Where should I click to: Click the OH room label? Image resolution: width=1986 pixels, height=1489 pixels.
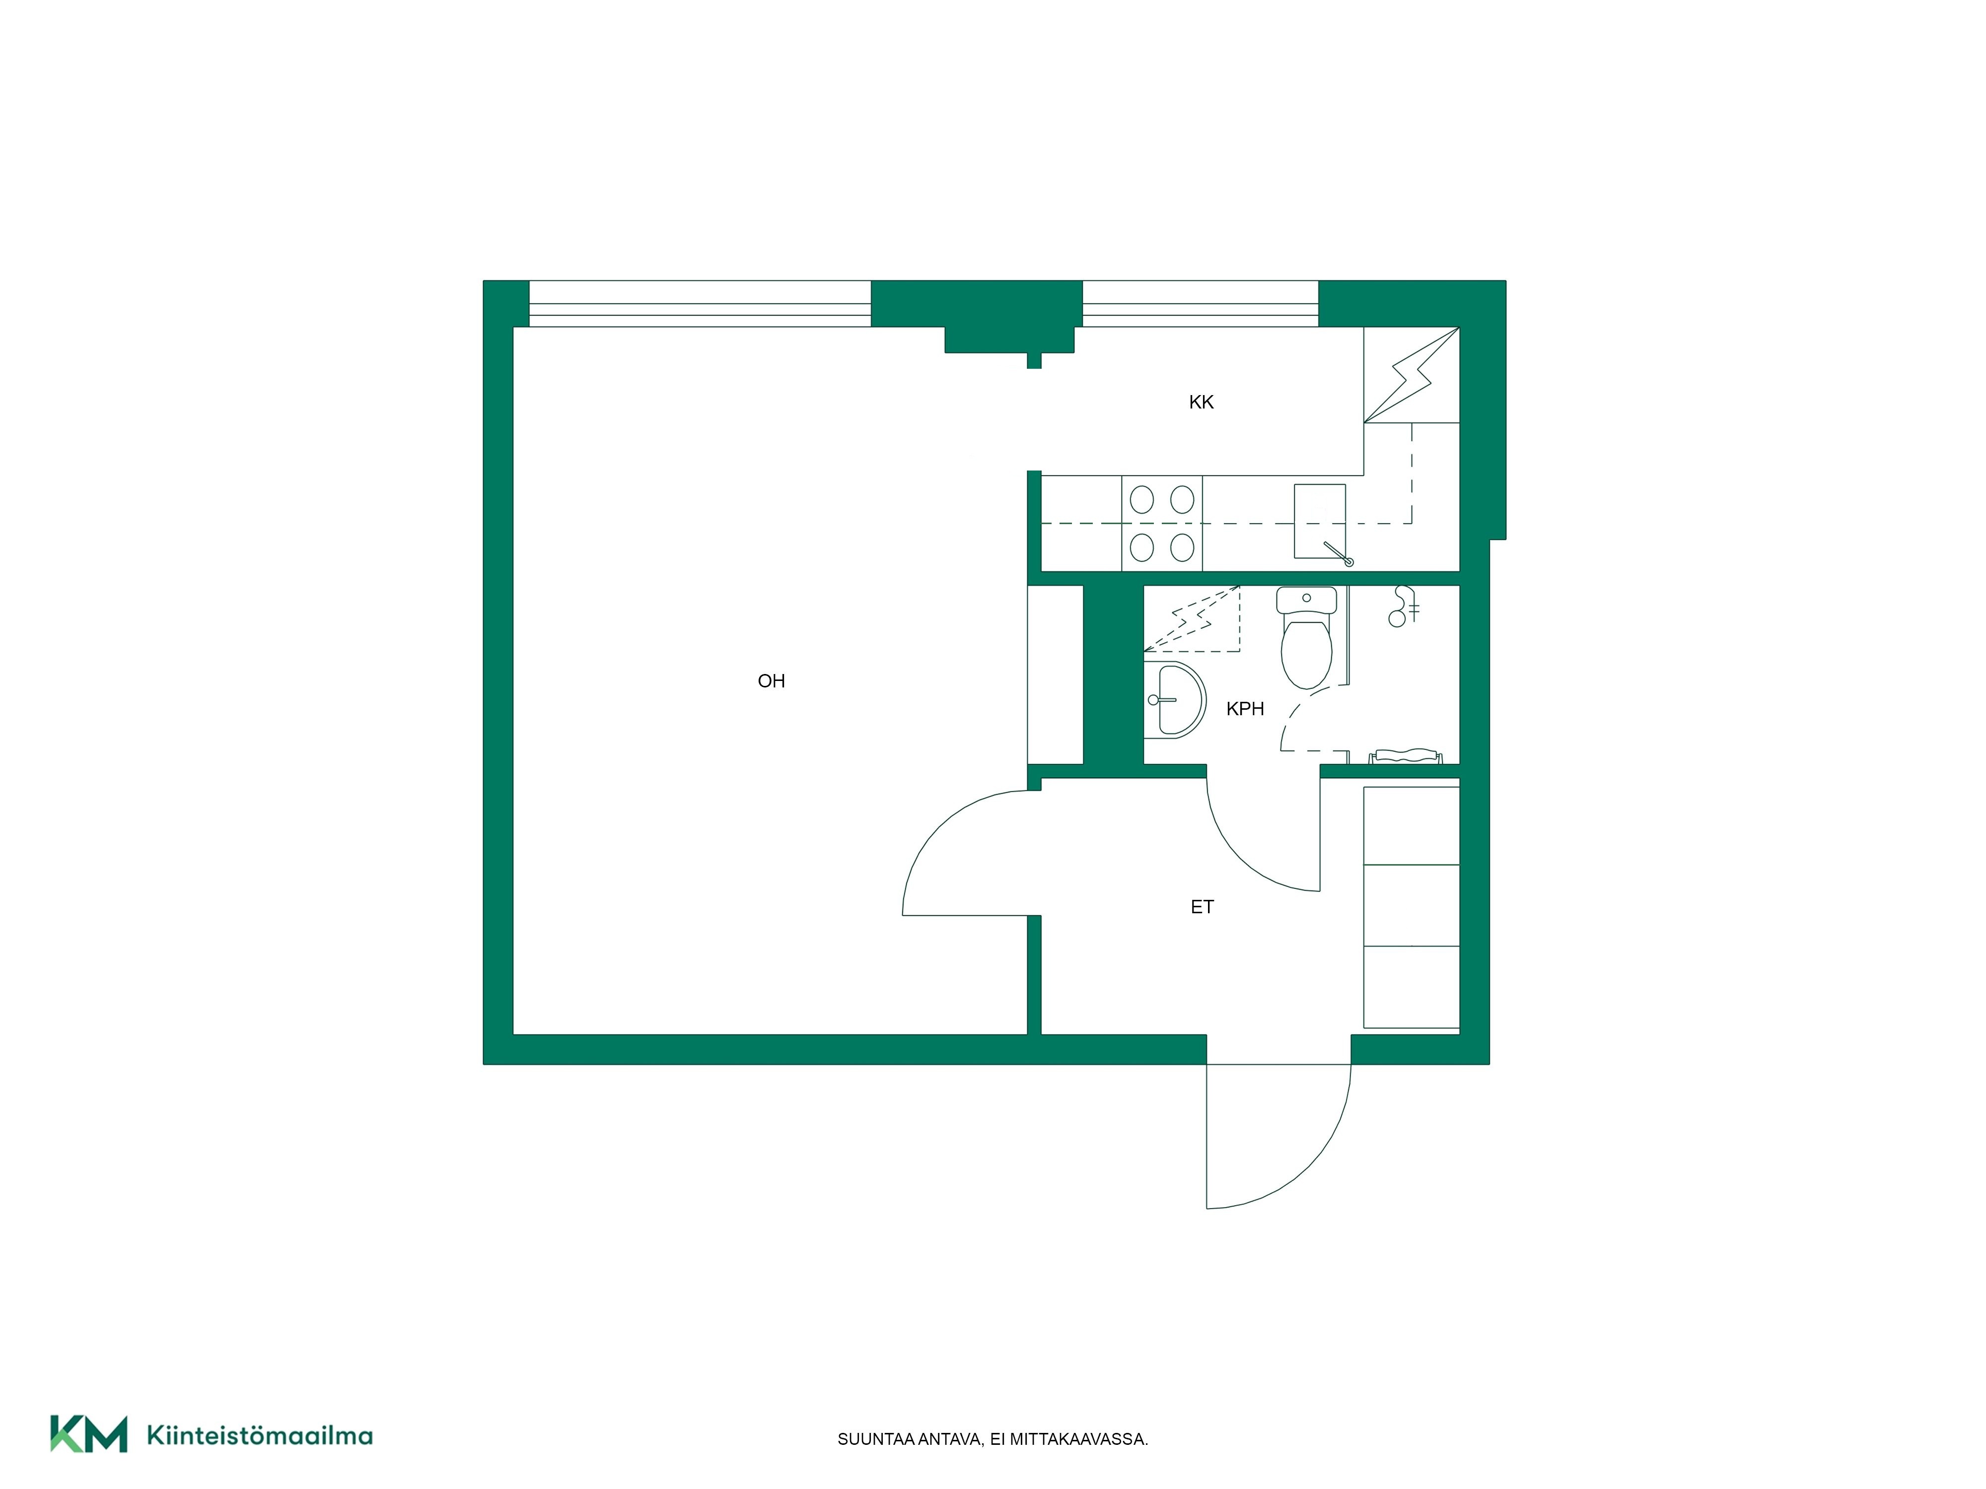(x=771, y=681)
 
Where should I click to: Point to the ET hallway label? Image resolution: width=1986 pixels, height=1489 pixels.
(x=1202, y=907)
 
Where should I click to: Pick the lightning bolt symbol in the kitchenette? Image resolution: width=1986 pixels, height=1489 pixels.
(x=1412, y=374)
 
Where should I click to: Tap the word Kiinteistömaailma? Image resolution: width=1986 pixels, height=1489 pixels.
(x=260, y=1435)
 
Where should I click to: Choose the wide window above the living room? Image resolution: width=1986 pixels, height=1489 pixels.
(x=700, y=303)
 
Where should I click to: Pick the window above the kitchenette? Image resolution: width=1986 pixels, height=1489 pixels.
(x=1201, y=303)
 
